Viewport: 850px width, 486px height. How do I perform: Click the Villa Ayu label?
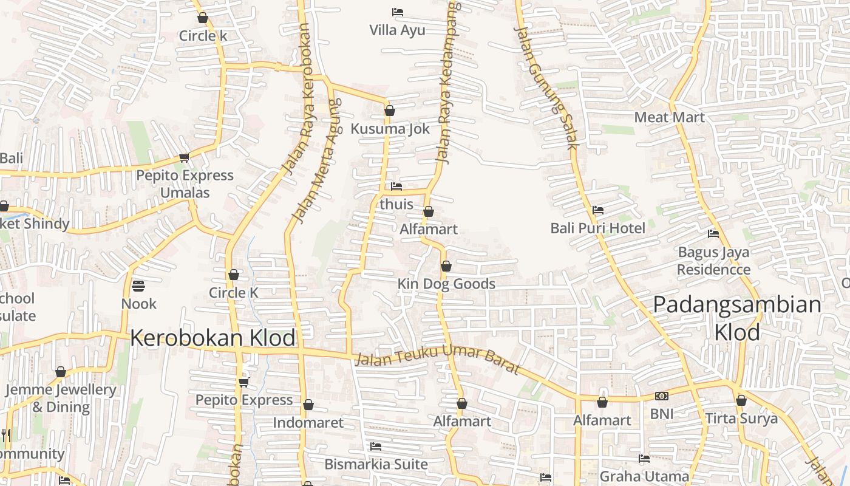click(397, 30)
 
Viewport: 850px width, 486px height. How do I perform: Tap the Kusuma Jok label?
click(390, 129)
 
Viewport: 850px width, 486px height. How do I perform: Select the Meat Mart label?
click(669, 117)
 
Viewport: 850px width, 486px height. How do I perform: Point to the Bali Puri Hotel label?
click(597, 228)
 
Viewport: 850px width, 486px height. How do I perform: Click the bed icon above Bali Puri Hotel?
click(598, 210)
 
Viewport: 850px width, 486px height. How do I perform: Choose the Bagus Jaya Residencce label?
click(713, 261)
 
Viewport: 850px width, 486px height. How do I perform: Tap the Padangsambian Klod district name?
click(737, 318)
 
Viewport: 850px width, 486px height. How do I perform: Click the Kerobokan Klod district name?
click(212, 338)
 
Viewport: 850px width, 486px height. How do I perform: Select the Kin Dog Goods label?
click(446, 284)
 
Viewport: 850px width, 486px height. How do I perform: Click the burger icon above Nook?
click(138, 286)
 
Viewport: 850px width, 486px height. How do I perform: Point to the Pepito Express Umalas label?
click(185, 184)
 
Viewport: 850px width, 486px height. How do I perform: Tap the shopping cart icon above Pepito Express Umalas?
click(184, 157)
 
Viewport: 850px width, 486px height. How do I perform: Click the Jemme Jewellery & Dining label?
click(60, 398)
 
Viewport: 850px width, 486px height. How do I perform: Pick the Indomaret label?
click(308, 422)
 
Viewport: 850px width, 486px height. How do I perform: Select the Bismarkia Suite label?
click(376, 464)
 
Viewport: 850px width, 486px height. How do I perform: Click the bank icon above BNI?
click(661, 396)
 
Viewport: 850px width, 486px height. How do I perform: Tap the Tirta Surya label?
click(741, 419)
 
